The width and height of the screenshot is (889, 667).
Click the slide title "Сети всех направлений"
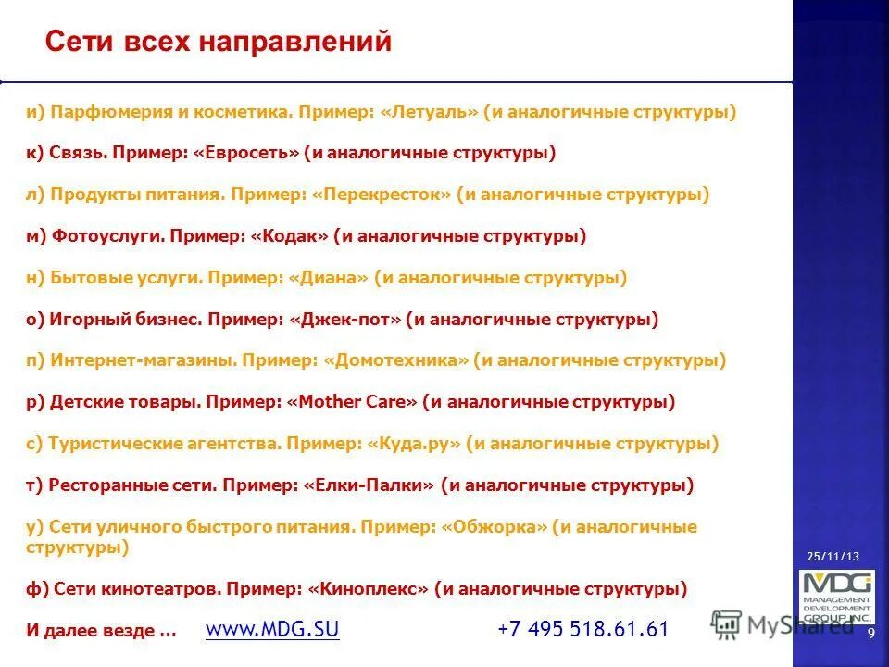pos(219,43)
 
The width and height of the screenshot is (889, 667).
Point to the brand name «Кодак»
pos(289,236)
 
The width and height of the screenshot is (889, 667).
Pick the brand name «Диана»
pos(328,278)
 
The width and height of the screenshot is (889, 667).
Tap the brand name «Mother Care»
pos(352,402)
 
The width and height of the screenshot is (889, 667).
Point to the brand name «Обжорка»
pos(495,527)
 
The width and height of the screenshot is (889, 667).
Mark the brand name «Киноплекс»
pos(369,589)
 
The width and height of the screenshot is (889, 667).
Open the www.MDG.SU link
pos(272,630)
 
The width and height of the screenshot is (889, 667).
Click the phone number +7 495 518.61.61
pos(582,630)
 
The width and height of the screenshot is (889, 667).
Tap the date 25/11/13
pos(833,556)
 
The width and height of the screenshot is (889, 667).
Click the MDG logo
pos(836,597)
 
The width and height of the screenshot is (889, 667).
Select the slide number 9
pos(871,632)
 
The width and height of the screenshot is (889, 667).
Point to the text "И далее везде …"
pos(101,631)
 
